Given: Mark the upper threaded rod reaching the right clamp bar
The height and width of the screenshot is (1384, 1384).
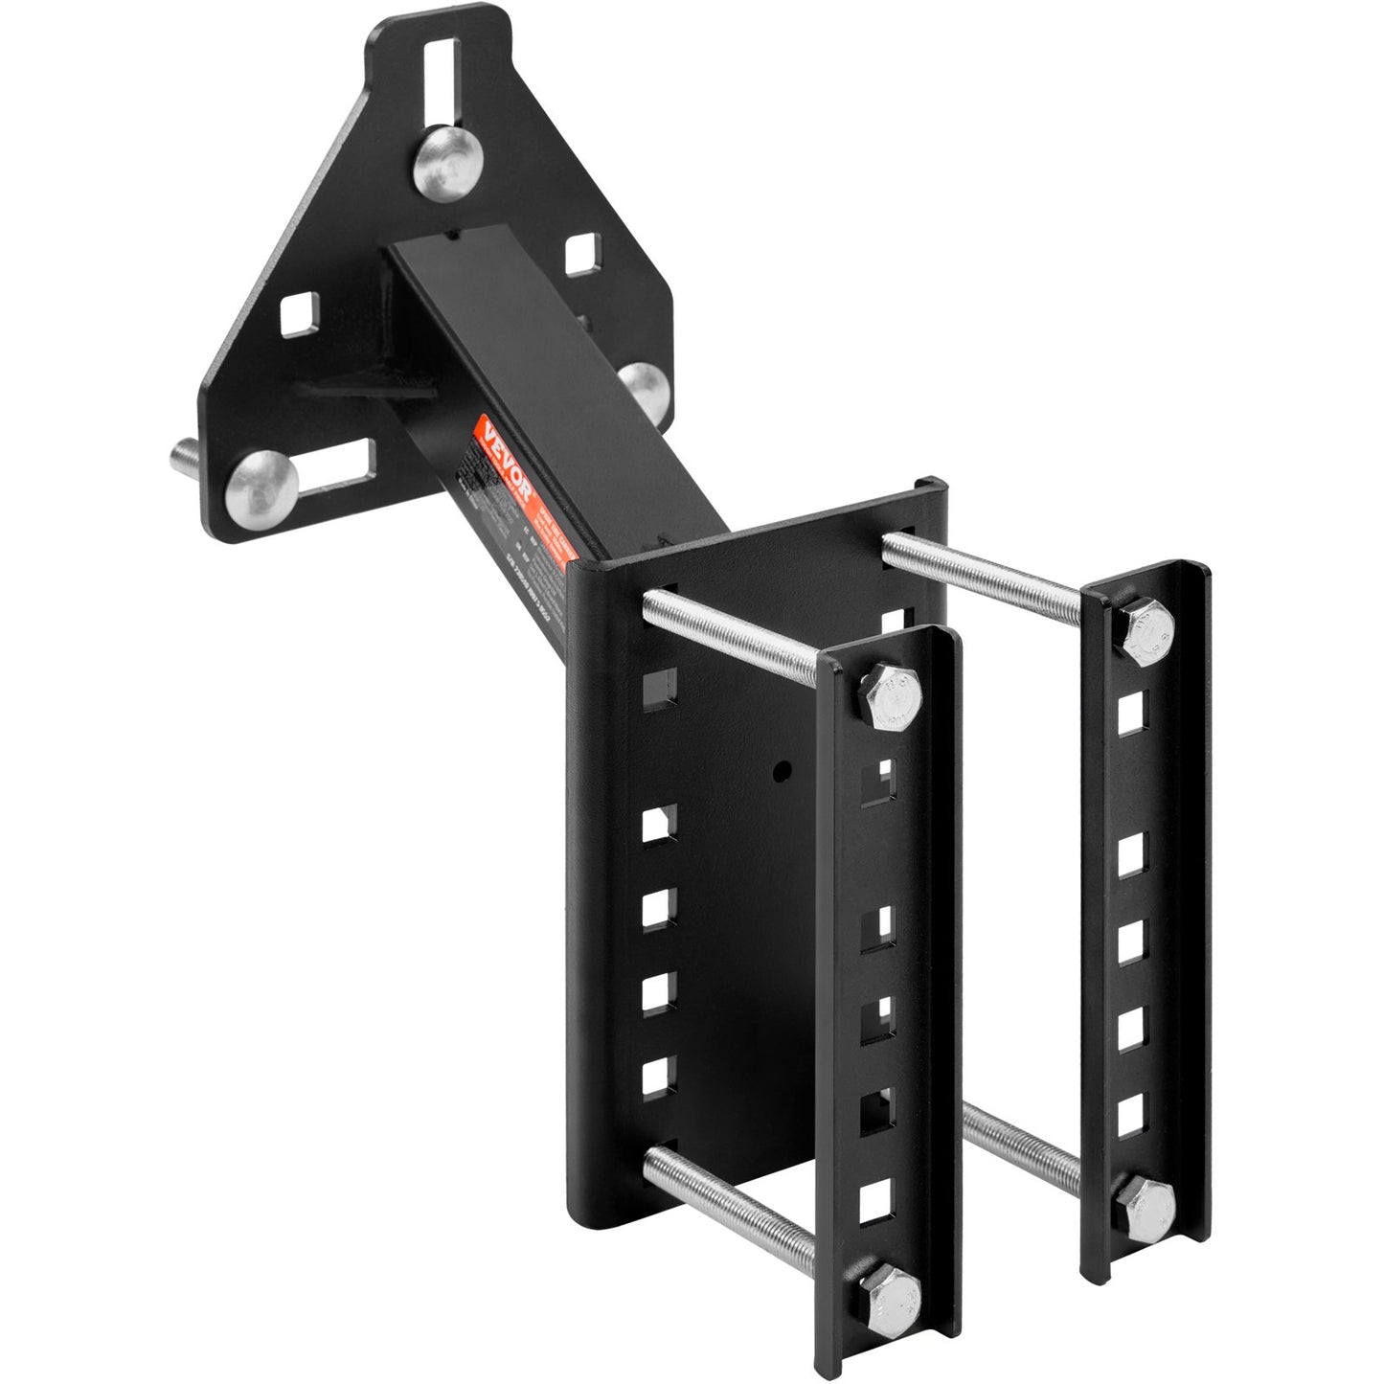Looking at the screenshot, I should pyautogui.click(x=987, y=570).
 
